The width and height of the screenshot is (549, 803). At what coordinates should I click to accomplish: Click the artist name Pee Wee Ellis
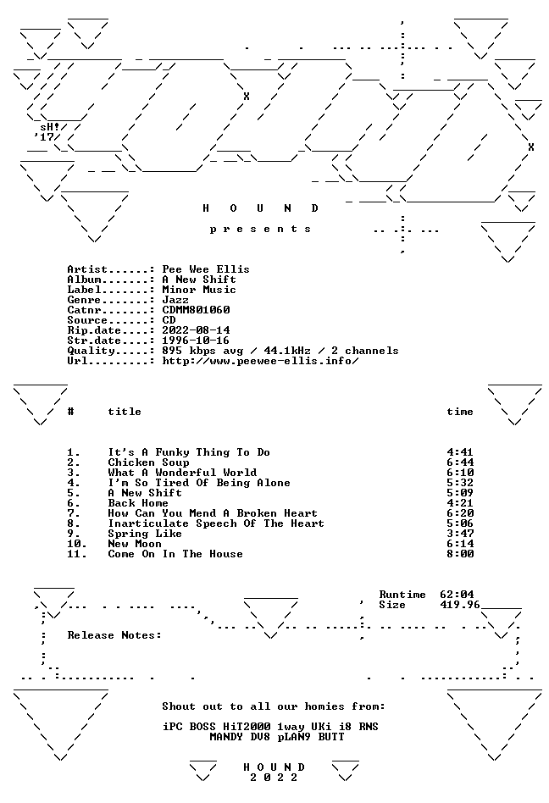click(x=206, y=269)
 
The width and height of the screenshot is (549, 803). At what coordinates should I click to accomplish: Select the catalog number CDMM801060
click(x=197, y=310)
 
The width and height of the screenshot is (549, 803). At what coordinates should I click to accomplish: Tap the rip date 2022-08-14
click(x=197, y=330)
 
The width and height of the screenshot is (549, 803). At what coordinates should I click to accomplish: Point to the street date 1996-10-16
click(x=197, y=341)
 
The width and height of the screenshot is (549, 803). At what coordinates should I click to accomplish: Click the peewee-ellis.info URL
click(x=260, y=361)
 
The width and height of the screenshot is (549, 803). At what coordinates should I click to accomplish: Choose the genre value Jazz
click(x=175, y=300)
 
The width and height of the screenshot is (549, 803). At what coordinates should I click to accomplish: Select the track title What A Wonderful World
click(x=182, y=473)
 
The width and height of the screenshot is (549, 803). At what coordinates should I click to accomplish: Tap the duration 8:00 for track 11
click(x=460, y=554)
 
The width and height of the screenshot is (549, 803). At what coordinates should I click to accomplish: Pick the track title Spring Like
click(x=145, y=534)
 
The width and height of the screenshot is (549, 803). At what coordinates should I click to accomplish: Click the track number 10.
click(x=77, y=544)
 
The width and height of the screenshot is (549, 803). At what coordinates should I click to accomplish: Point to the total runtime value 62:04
click(x=457, y=595)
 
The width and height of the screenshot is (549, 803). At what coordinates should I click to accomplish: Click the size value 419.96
click(x=460, y=605)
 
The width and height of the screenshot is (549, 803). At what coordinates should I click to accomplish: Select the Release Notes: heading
click(x=114, y=635)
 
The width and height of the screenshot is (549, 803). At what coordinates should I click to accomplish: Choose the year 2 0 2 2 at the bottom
click(x=274, y=778)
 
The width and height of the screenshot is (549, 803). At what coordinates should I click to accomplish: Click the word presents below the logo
click(x=260, y=230)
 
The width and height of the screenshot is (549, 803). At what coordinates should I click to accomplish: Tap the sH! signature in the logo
click(x=50, y=126)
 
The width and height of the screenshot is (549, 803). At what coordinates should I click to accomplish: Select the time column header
click(x=460, y=412)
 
